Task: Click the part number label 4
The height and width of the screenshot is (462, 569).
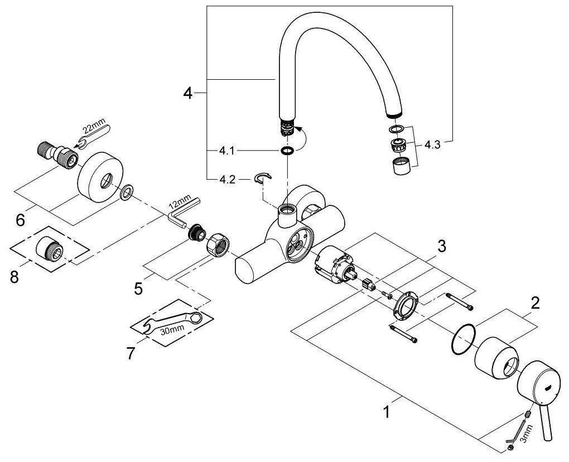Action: pyautogui.click(x=188, y=93)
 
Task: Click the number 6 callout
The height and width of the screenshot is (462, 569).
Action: pyautogui.click(x=20, y=220)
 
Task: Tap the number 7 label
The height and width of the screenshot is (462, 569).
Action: pyautogui.click(x=130, y=353)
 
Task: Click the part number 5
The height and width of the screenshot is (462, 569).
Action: pyautogui.click(x=138, y=288)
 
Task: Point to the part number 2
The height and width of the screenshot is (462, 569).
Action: pyautogui.click(x=534, y=304)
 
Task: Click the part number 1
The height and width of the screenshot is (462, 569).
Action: pyautogui.click(x=385, y=413)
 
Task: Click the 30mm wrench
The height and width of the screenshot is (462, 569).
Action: pyautogui.click(x=171, y=323)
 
